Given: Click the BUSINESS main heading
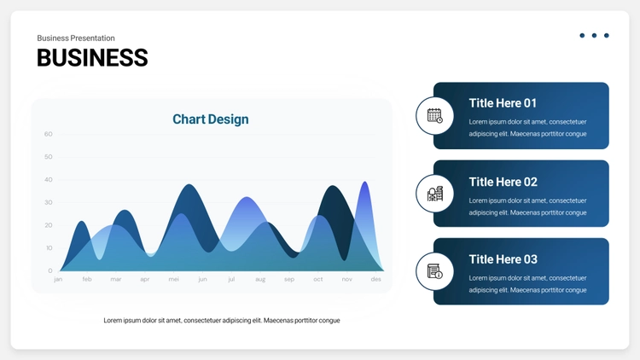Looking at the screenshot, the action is click(x=92, y=57).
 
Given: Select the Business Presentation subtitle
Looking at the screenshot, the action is click(x=76, y=38).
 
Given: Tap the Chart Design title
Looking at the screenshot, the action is click(x=211, y=119).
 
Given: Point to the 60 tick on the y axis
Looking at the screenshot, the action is click(x=48, y=134).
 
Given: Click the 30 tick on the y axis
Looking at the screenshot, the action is click(x=48, y=202).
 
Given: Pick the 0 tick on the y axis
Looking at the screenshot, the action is click(x=50, y=270).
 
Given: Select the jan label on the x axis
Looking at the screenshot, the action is click(x=58, y=279).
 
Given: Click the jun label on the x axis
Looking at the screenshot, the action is click(x=202, y=279).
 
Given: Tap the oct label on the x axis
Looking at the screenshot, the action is click(x=318, y=279).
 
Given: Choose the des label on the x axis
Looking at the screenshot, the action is click(x=376, y=279).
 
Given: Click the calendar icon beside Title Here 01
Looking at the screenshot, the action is click(x=434, y=115).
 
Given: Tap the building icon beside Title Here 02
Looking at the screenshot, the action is click(x=434, y=194).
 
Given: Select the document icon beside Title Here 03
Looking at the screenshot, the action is click(x=434, y=271).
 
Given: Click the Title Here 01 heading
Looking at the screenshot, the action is click(x=503, y=103).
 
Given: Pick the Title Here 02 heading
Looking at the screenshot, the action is click(x=503, y=182).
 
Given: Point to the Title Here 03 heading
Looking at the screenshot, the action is click(x=503, y=259).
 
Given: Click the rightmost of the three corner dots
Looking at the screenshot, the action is click(x=607, y=36).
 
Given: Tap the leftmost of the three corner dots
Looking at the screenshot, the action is click(x=582, y=36).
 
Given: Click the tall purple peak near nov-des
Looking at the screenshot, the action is click(x=365, y=192).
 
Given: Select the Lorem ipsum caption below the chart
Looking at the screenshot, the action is click(x=222, y=321).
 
